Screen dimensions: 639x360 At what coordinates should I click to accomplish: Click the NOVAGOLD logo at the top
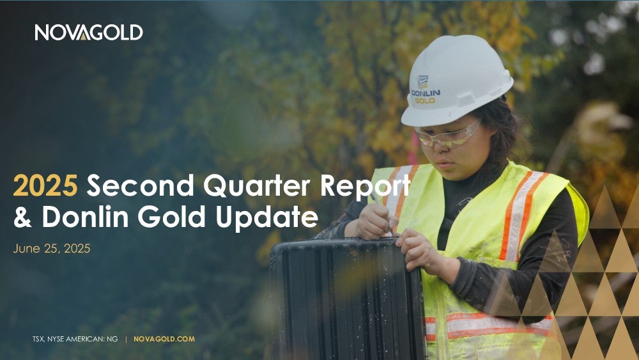pyautogui.click(x=89, y=32)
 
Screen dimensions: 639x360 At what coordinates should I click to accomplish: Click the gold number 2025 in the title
pyautogui.click(x=45, y=185)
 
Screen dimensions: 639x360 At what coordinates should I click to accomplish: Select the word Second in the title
pyautogui.click(x=141, y=185)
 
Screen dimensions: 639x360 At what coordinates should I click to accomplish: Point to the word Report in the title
pyautogui.click(x=365, y=187)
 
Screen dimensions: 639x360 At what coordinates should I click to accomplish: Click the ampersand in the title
pyautogui.click(x=23, y=217)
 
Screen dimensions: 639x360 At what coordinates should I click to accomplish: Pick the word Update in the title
pyautogui.click(x=267, y=218)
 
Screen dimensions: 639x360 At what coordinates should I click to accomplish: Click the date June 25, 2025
pyautogui.click(x=52, y=248)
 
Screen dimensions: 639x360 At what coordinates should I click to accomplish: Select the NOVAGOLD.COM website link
pyautogui.click(x=164, y=339)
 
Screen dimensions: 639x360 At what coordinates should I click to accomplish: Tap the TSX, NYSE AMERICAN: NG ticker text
pyautogui.click(x=75, y=339)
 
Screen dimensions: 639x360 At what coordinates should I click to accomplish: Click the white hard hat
pyautogui.click(x=457, y=81)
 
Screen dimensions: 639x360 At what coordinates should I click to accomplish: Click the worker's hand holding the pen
pyautogui.click(x=377, y=223)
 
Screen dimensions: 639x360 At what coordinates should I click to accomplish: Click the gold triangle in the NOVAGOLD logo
pyautogui.click(x=83, y=36)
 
